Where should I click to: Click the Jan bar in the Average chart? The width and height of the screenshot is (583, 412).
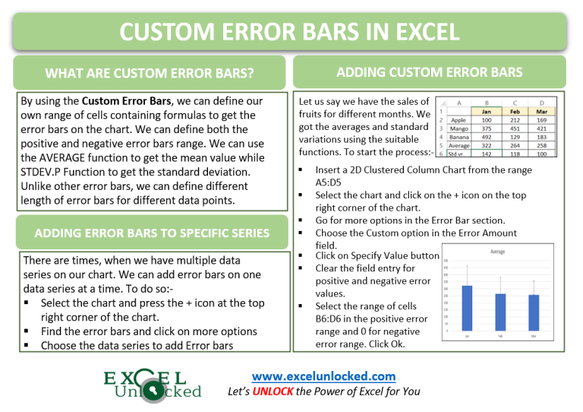(467, 308)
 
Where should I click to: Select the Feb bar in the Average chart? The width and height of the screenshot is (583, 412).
(500, 312)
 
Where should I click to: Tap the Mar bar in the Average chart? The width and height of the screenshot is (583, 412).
(534, 312)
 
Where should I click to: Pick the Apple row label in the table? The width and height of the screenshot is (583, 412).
(459, 120)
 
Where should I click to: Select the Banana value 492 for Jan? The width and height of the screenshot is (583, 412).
(485, 137)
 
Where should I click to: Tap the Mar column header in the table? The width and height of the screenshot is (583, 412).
(541, 112)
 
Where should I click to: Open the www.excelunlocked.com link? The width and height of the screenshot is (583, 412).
(323, 376)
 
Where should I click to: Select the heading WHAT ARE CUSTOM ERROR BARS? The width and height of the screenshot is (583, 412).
(150, 74)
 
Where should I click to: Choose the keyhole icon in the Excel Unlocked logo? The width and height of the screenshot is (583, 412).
(156, 389)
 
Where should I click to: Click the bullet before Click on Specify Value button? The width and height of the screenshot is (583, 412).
(302, 257)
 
